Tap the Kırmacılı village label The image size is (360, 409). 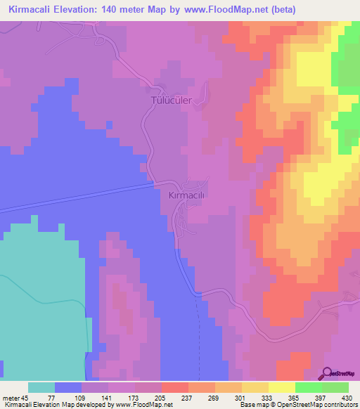click(x=186, y=196)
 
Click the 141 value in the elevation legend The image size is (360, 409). click(x=108, y=398)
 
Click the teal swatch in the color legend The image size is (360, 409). click(x=41, y=387)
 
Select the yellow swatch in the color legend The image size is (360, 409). click(x=255, y=387)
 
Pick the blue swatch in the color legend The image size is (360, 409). click(x=68, y=387)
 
